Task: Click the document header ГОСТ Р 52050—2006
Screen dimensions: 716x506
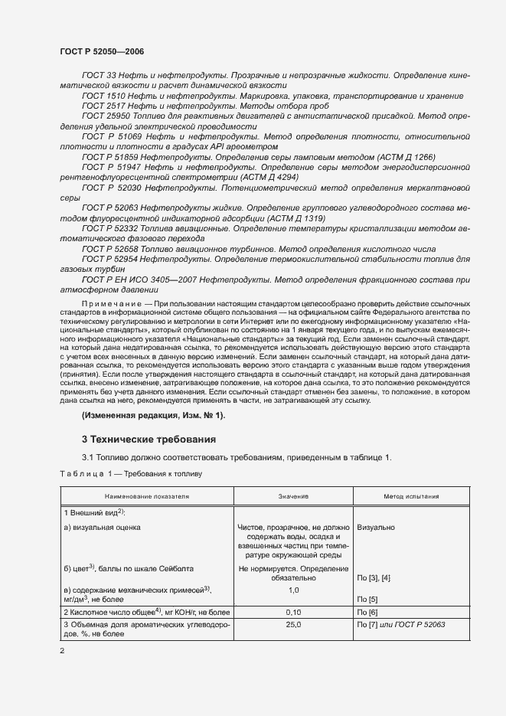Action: click(x=101, y=51)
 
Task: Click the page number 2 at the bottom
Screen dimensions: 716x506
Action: click(x=62, y=650)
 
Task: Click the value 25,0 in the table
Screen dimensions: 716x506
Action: click(x=292, y=626)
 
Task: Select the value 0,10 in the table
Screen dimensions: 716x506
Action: click(x=292, y=613)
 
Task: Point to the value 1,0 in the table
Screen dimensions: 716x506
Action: click(x=292, y=591)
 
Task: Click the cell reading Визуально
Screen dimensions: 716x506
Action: click(x=377, y=528)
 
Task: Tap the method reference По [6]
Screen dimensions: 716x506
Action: click(x=368, y=613)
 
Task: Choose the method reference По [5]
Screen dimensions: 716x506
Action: click(x=368, y=600)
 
